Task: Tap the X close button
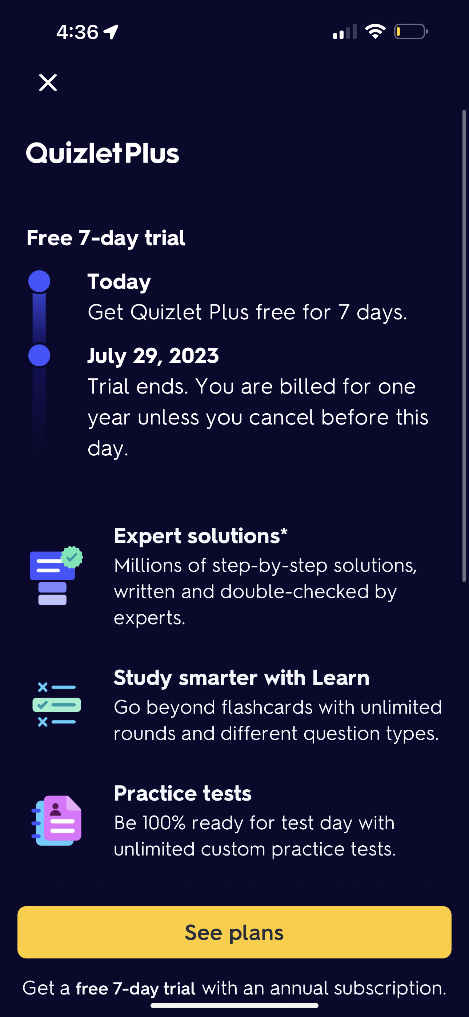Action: pyautogui.click(x=48, y=83)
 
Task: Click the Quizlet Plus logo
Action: pyautogui.click(x=103, y=153)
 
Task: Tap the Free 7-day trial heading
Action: pyautogui.click(x=106, y=238)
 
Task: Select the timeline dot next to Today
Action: pyautogui.click(x=40, y=282)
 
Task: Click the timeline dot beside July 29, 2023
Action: pyautogui.click(x=40, y=355)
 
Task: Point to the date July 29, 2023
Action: pyautogui.click(x=153, y=356)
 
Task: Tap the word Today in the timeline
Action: pyautogui.click(x=119, y=282)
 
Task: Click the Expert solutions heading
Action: pyautogui.click(x=201, y=536)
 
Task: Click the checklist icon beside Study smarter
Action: pyautogui.click(x=56, y=705)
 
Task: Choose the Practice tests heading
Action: pyautogui.click(x=183, y=794)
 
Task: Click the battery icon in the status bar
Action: pyautogui.click(x=410, y=32)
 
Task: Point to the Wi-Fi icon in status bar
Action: pyautogui.click(x=375, y=32)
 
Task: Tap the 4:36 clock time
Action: pyautogui.click(x=77, y=32)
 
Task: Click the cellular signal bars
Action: pyautogui.click(x=345, y=32)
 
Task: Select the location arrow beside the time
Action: pyautogui.click(x=111, y=32)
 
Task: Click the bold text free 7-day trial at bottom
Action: pyautogui.click(x=135, y=989)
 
